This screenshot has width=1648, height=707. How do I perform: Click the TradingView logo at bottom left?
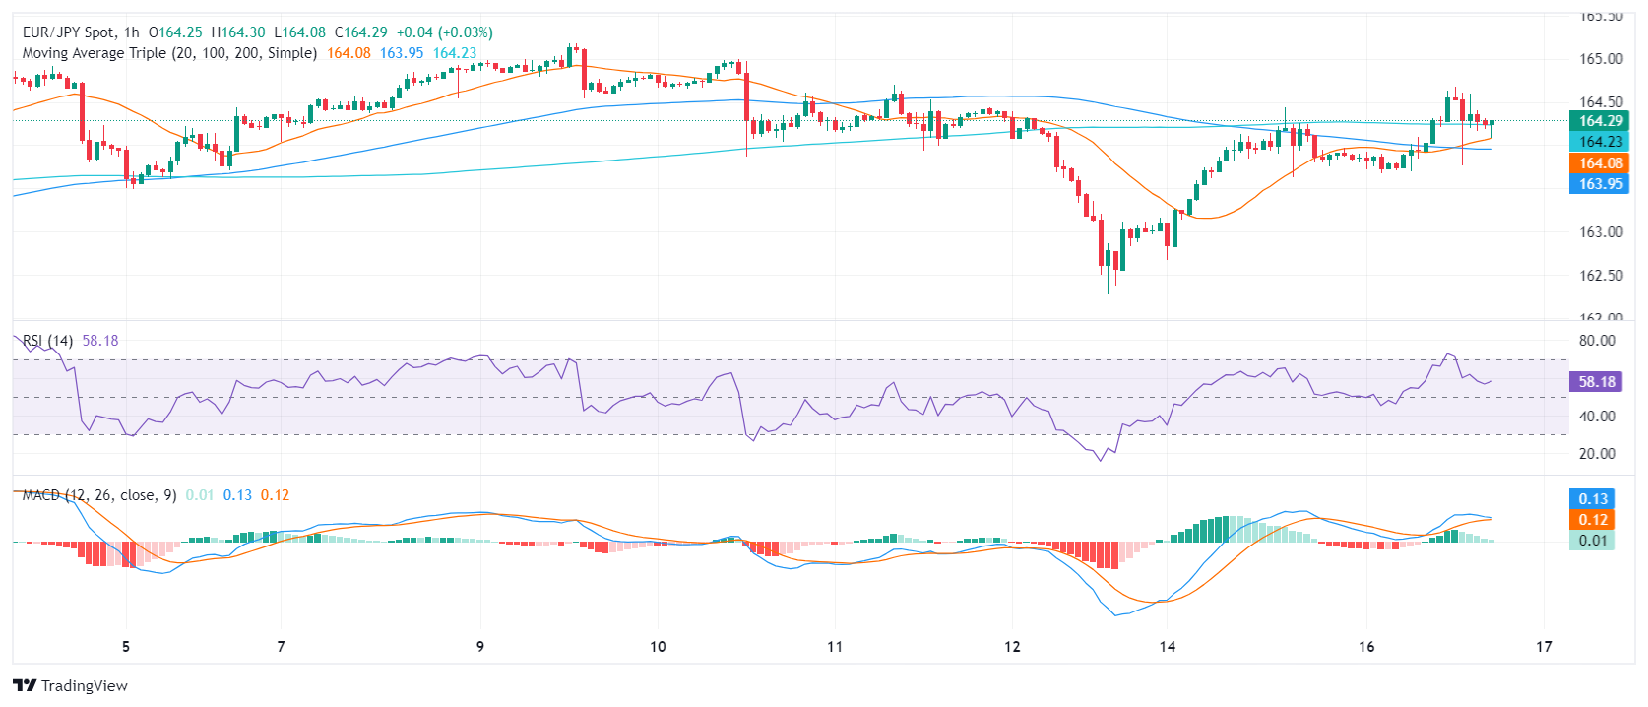pos(70,685)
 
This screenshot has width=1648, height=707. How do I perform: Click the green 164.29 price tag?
pos(1600,121)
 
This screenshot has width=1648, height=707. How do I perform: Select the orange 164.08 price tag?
pos(1600,163)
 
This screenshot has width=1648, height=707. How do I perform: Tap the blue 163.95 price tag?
pos(1600,184)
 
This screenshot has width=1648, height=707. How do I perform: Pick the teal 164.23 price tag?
pos(1600,142)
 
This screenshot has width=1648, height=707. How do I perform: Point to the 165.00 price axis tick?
pos(1601,59)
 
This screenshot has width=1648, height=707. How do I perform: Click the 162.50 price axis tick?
pos(1601,276)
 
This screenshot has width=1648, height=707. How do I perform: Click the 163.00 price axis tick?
pos(1601,232)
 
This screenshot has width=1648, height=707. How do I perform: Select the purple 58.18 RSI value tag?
pos(1596,382)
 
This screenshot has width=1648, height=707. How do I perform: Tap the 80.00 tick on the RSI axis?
pos(1597,341)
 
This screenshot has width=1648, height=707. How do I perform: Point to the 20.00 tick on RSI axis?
pos(1597,454)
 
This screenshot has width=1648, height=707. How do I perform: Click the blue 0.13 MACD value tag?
pos(1592,499)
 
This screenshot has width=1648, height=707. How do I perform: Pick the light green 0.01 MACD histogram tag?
pos(1592,541)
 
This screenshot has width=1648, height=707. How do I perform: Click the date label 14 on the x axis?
pos(1168,647)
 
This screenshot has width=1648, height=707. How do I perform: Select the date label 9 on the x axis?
pos(480,647)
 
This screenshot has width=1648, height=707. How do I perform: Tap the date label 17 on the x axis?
pos(1544,647)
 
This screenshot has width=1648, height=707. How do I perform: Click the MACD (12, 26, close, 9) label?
pos(99,495)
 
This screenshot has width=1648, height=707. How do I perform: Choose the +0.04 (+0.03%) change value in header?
pos(444,32)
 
